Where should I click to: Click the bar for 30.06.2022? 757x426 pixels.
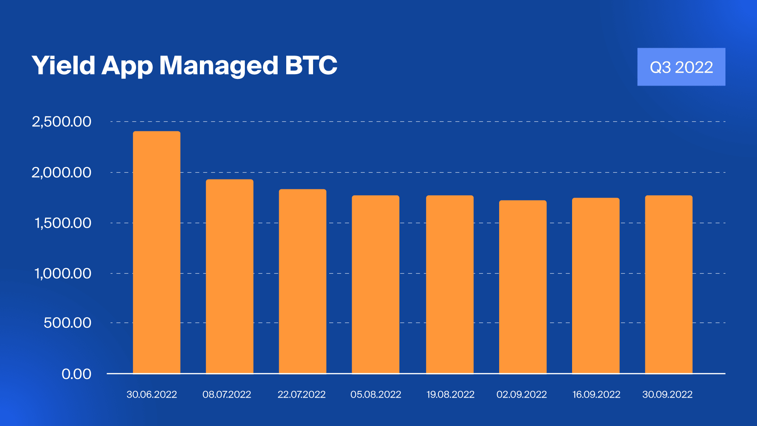click(x=157, y=252)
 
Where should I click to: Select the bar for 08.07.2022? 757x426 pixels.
click(x=229, y=276)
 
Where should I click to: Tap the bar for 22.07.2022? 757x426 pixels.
click(x=302, y=281)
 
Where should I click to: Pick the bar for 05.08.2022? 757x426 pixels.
click(x=375, y=284)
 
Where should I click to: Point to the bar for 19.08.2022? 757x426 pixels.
click(x=449, y=284)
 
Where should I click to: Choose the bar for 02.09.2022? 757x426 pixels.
click(x=522, y=287)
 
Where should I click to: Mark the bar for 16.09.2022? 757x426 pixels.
click(x=595, y=285)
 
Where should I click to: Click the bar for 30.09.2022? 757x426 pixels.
click(x=668, y=284)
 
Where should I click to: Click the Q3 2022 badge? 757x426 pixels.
click(x=681, y=67)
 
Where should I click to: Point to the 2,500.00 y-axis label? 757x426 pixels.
click(x=62, y=121)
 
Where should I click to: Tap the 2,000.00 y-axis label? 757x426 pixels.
click(x=62, y=172)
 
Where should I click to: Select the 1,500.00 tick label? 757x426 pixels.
click(x=63, y=223)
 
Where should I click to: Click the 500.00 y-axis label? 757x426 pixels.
click(x=67, y=323)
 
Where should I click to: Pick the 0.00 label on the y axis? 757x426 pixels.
click(x=76, y=374)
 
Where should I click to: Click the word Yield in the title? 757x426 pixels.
click(x=63, y=65)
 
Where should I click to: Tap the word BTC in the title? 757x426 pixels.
click(x=311, y=65)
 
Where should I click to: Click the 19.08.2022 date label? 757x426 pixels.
click(x=450, y=394)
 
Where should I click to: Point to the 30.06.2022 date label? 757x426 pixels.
click(x=152, y=394)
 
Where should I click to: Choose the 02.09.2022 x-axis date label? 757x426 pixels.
click(x=522, y=394)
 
